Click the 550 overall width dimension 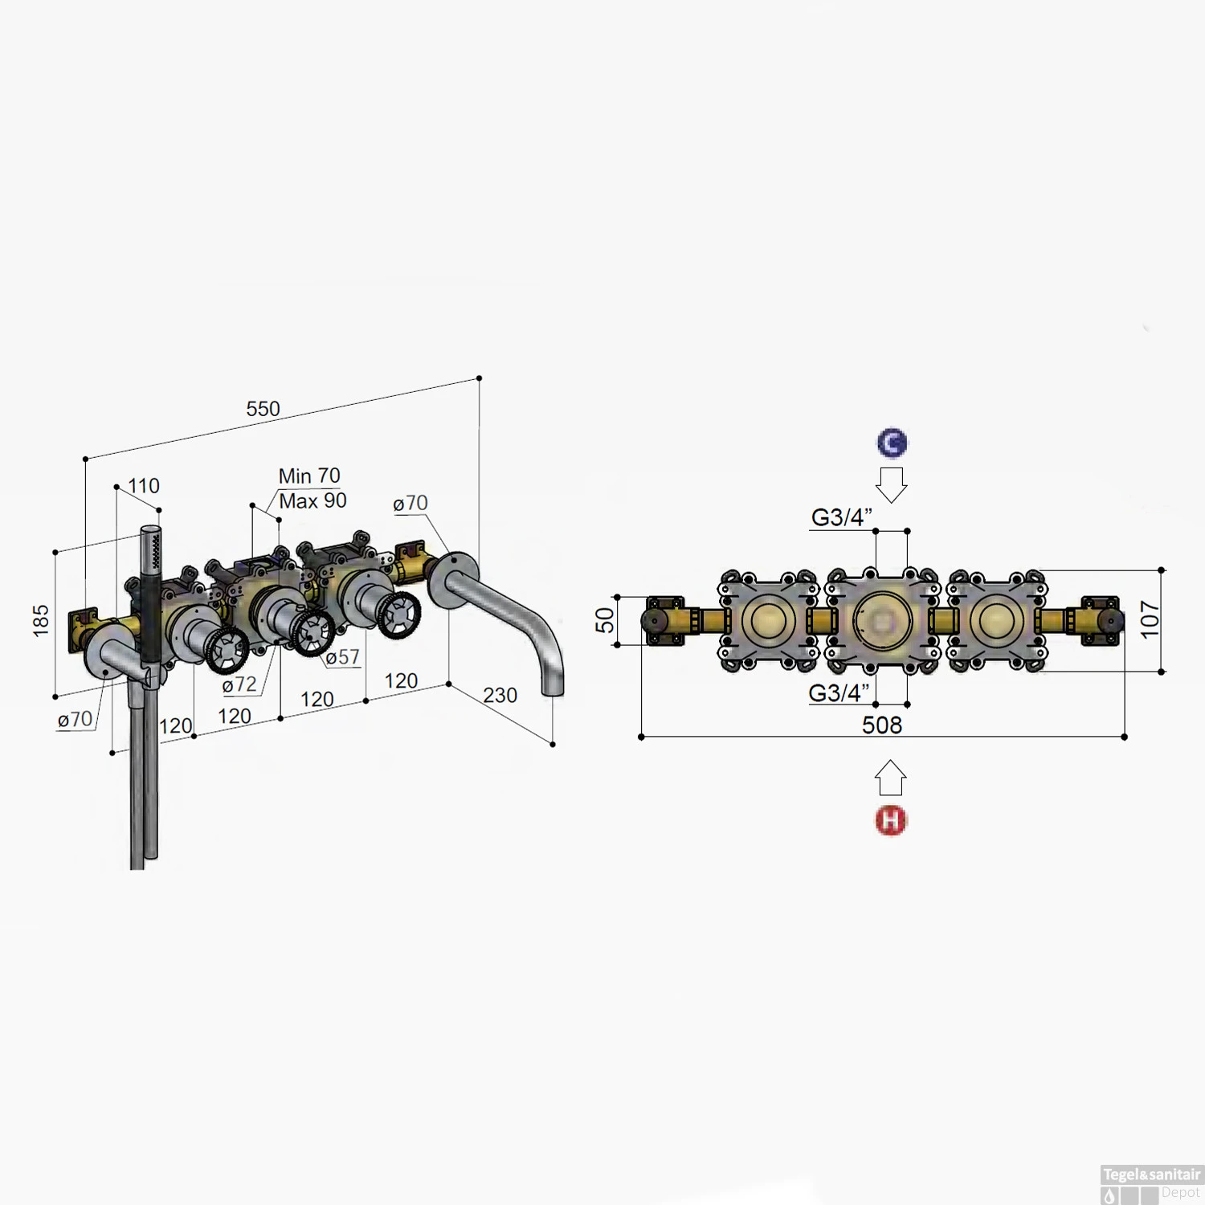pos(263,409)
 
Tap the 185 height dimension pos(41,621)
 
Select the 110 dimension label pos(143,486)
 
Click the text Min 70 pos(309,476)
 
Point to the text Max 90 pos(312,501)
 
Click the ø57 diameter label pos(342,657)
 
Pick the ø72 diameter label pos(239,684)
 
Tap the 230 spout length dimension pos(500,696)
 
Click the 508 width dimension pos(882,725)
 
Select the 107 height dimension pos(1150,620)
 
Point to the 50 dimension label pos(605,620)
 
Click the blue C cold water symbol pos(892,443)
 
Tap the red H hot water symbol pos(890,820)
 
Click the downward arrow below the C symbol pos(891,484)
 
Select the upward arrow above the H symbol pos(890,778)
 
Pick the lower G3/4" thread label pos(839,693)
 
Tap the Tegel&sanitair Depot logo pos(1151,1183)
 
